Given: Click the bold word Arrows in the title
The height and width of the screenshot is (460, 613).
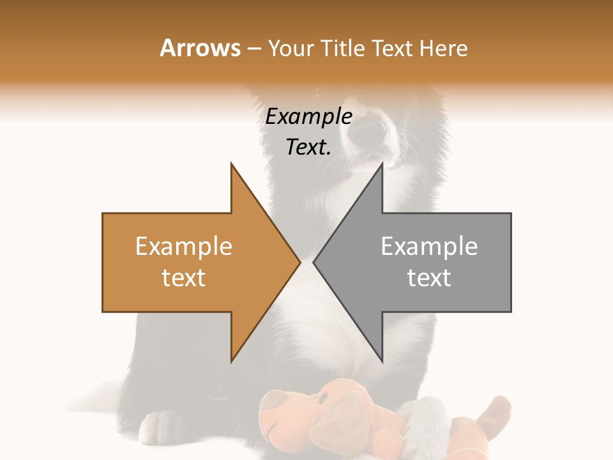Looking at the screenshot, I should [200, 48].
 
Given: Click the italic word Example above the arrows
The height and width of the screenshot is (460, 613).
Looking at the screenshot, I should [308, 117].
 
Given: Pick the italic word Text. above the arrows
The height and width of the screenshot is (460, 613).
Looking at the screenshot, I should [308, 147].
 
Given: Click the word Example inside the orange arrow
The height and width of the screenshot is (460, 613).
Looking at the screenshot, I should [184, 247].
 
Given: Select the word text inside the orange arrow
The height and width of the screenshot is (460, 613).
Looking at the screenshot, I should [184, 277].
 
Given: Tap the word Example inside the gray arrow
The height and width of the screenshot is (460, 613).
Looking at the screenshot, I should [429, 247].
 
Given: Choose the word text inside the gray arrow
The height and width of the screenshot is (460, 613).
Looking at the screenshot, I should [429, 277].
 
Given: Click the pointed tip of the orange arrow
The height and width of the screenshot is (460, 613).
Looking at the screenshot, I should [299, 262].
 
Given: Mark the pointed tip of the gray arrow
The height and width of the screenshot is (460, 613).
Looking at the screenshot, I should [314, 262].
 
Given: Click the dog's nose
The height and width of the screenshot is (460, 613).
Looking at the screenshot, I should [370, 132].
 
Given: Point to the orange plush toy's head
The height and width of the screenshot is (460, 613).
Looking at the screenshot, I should [300, 409].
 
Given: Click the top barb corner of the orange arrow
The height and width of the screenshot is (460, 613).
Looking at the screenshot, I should [232, 164].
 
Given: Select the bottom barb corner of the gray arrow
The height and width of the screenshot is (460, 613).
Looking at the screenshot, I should [382, 361].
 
